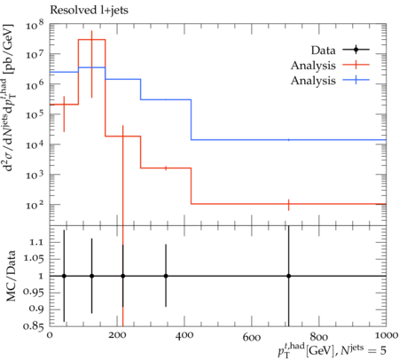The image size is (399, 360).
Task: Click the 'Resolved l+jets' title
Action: tap(89, 11)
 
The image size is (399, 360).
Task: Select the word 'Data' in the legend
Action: tap(323, 51)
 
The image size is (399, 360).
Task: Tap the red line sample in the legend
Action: tap(356, 65)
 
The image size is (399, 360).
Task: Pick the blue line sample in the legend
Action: tap(356, 80)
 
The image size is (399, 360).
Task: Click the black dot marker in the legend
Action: tap(356, 50)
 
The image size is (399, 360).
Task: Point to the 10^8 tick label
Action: tap(35, 25)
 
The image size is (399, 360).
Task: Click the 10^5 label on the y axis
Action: tap(35, 113)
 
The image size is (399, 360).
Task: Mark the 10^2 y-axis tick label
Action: tap(35, 204)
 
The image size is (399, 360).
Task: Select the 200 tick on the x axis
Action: tap(117, 336)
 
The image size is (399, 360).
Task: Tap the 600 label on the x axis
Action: tap(252, 336)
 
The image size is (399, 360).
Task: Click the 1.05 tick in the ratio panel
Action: tap(34, 259)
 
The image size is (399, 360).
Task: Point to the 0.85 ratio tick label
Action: tap(34, 326)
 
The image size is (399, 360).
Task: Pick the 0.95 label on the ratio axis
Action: tap(34, 293)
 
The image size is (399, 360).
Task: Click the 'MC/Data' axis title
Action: tap(11, 276)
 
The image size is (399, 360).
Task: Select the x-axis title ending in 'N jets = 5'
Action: tap(332, 349)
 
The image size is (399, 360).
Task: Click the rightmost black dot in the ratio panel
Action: tap(289, 276)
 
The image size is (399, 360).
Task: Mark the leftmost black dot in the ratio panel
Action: tap(64, 276)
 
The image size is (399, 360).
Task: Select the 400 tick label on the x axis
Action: tap(184, 336)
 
